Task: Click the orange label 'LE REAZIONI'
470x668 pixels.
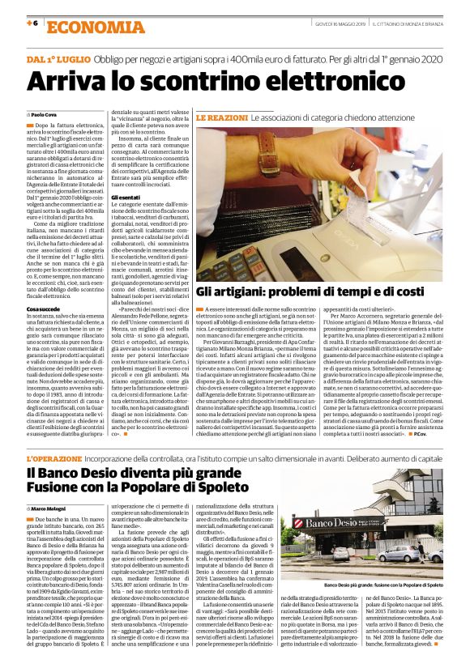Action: click(x=221, y=117)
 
